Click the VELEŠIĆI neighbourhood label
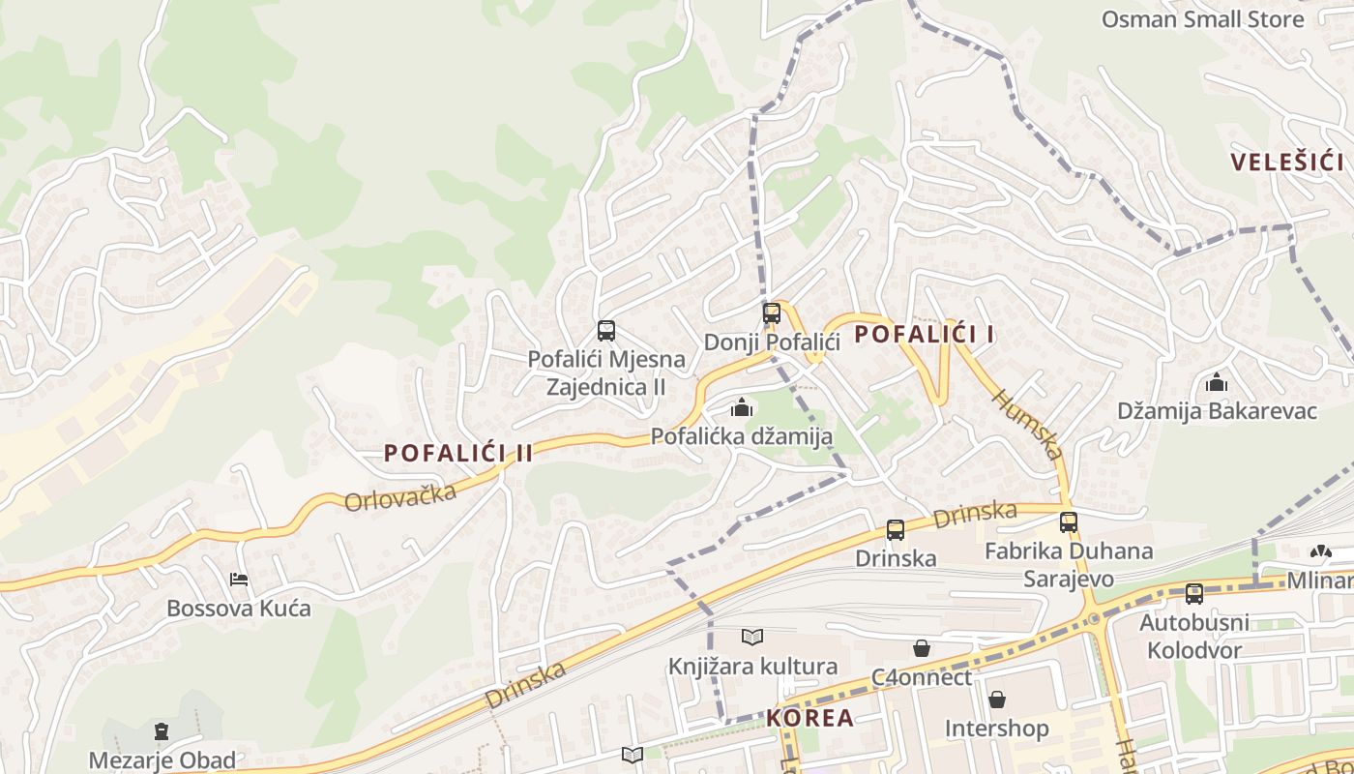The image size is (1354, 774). pyautogui.click(x=1287, y=162)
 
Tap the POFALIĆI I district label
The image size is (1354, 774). pyautogui.click(x=925, y=335)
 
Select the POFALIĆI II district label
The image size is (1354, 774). pyautogui.click(x=458, y=453)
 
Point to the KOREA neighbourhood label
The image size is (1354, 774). pyautogui.click(x=810, y=718)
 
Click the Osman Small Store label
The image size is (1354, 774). pyautogui.click(x=1202, y=19)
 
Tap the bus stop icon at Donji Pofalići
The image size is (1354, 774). pyautogui.click(x=771, y=313)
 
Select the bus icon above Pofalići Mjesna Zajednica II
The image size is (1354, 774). pyautogui.click(x=606, y=331)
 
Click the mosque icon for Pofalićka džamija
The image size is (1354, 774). pyautogui.click(x=742, y=408)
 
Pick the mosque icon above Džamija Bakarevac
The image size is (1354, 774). pyautogui.click(x=1217, y=383)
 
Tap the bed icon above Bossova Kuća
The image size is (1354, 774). pyautogui.click(x=239, y=580)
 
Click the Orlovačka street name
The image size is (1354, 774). pyautogui.click(x=400, y=496)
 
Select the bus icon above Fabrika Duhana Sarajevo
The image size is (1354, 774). pyautogui.click(x=1068, y=522)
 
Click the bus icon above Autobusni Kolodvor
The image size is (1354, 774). pyautogui.click(x=1194, y=594)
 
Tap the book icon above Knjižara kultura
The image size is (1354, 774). pyautogui.click(x=752, y=637)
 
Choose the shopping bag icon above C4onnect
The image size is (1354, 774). pyautogui.click(x=922, y=648)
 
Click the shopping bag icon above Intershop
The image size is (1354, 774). pyautogui.click(x=996, y=700)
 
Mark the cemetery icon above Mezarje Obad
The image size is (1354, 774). pyautogui.click(x=162, y=731)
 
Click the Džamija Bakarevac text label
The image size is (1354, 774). pyautogui.click(x=1217, y=411)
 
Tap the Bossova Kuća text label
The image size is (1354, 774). pyautogui.click(x=239, y=609)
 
